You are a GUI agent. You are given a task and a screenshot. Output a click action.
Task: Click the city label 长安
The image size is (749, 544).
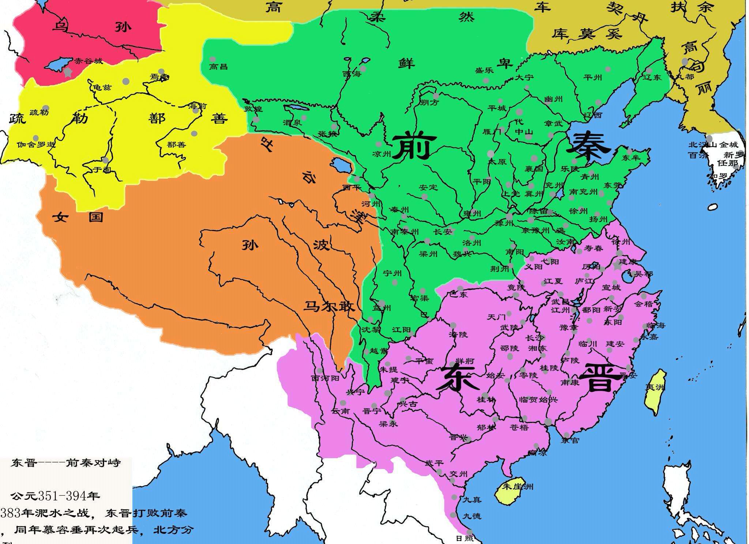(x=443, y=232)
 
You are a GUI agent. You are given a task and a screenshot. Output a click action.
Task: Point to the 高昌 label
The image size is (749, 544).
(x=218, y=67)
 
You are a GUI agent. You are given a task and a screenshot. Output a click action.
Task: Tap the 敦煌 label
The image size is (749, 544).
(x=253, y=109)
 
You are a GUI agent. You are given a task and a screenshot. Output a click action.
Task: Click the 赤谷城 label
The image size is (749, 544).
(x=89, y=61)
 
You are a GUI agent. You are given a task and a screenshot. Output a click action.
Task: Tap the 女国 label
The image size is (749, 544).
(x=78, y=218)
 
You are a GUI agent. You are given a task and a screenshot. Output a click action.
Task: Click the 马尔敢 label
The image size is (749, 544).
(x=329, y=306)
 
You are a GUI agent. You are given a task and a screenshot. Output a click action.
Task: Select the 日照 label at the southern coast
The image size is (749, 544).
(x=464, y=538)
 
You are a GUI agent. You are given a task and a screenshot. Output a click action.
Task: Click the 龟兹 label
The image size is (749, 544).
(x=102, y=87)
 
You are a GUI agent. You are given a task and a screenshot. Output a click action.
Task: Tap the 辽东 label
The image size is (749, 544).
(x=652, y=78)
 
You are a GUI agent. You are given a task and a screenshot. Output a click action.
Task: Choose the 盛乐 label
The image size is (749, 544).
(x=484, y=71)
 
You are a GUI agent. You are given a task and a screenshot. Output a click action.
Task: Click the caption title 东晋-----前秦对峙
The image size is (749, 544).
(x=66, y=463)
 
